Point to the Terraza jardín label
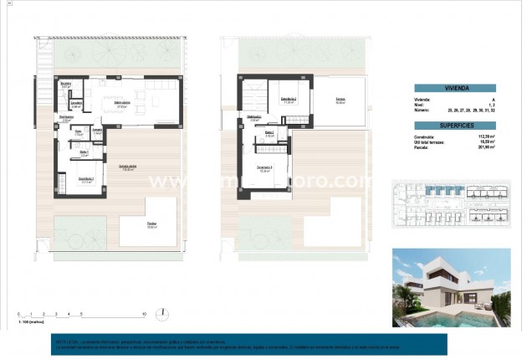(127, 167)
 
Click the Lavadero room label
(75, 105)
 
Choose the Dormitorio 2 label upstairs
(289, 98)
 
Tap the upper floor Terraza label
(341, 98)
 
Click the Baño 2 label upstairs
(269, 133)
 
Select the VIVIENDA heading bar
(457, 86)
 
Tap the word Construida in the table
(425, 138)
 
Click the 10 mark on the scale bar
(144, 314)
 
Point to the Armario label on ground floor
(96, 131)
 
